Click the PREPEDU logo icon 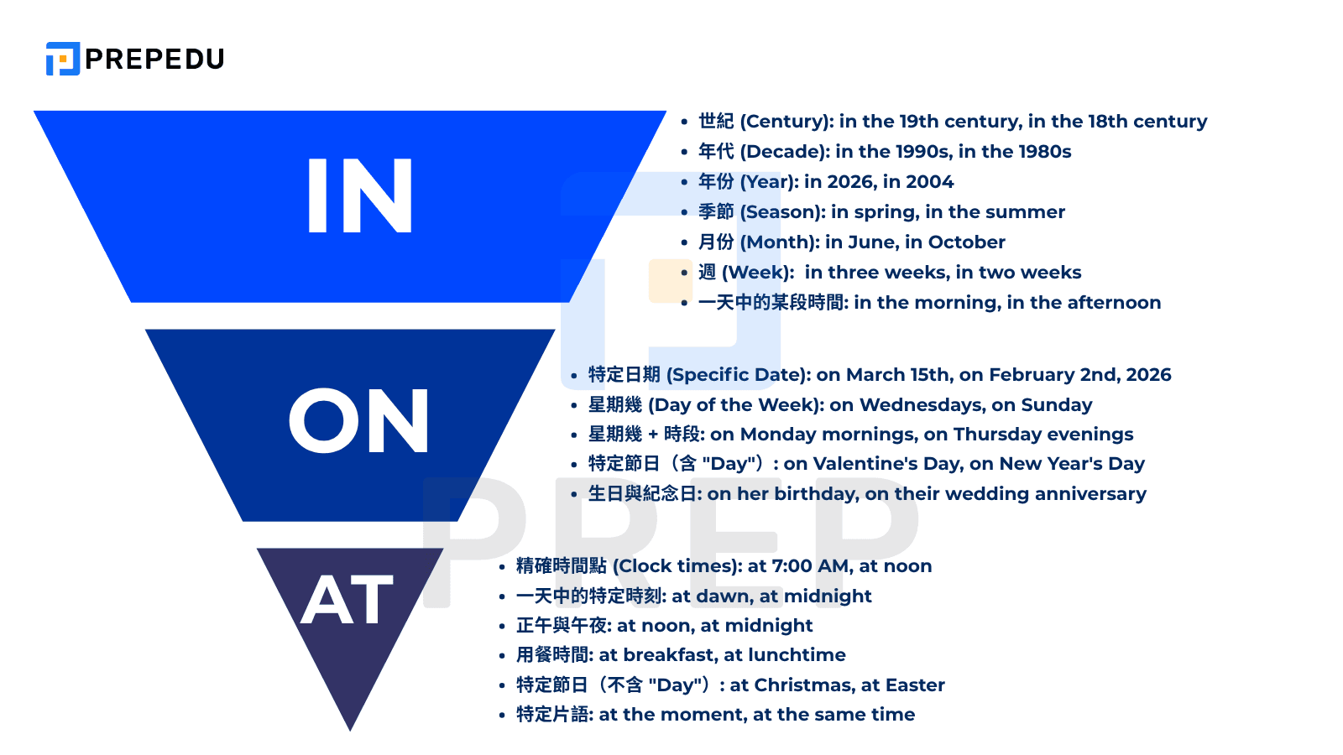(x=63, y=59)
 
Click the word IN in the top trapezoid (x=360, y=196)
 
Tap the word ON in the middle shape (x=358, y=422)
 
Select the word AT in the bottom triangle (x=348, y=601)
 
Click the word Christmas (x=804, y=685)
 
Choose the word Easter (x=915, y=685)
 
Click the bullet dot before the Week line (x=685, y=273)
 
